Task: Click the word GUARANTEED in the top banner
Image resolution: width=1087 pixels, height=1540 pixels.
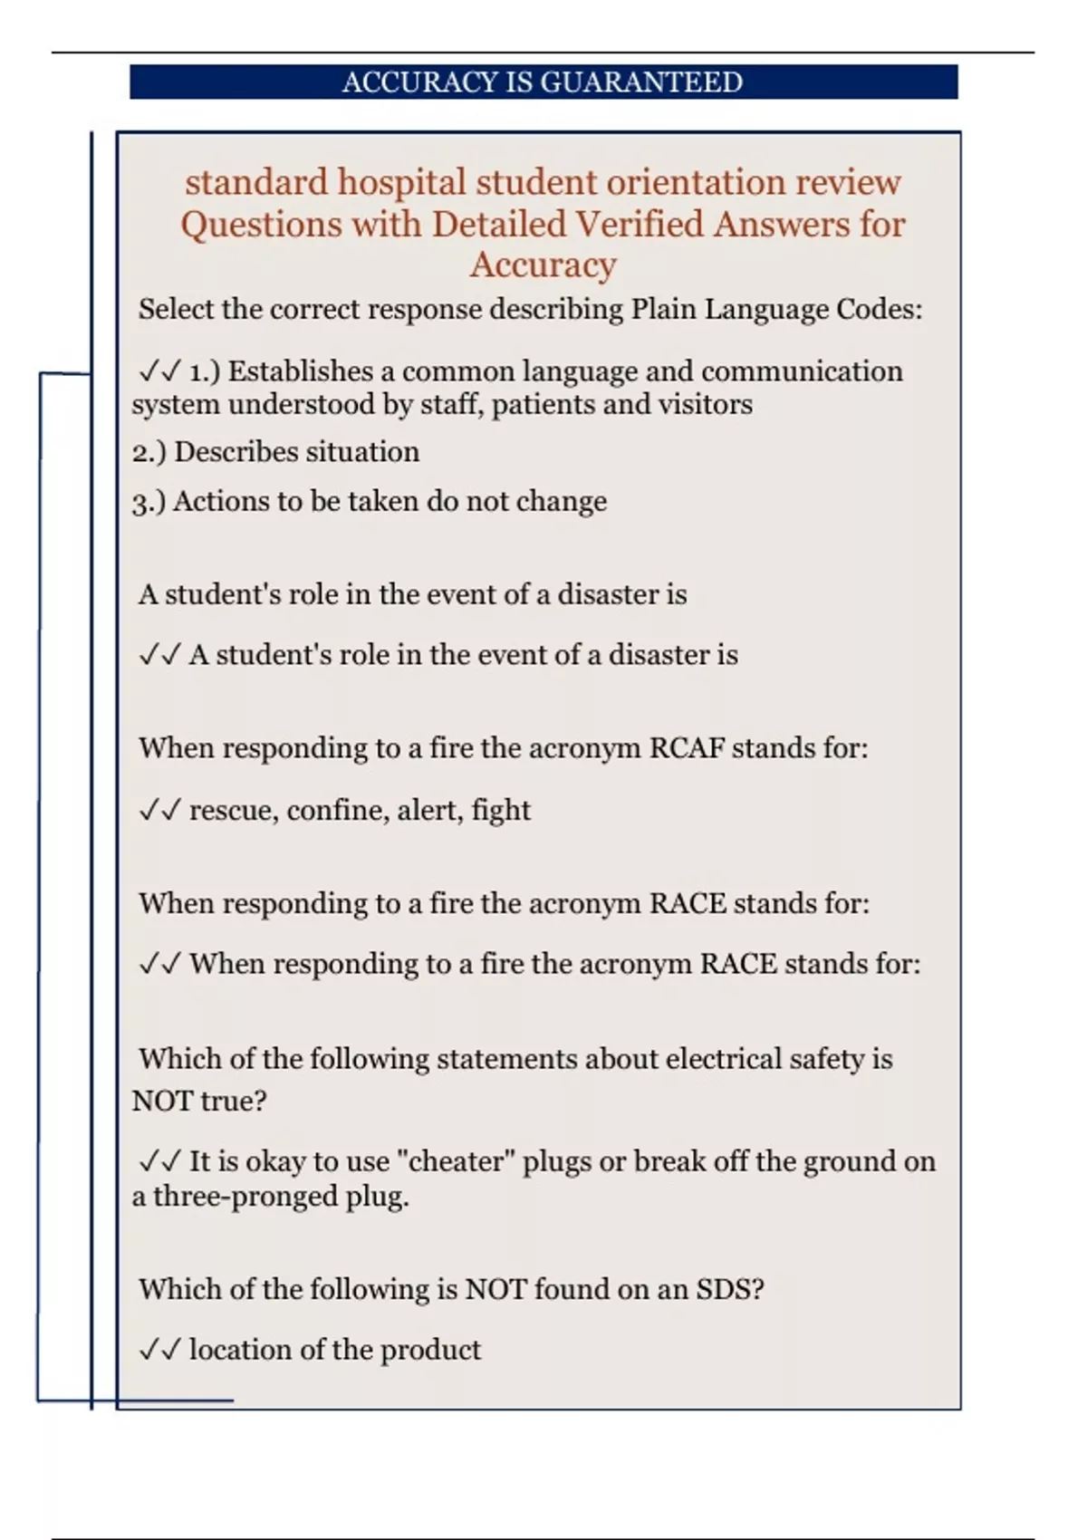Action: pyautogui.click(x=642, y=82)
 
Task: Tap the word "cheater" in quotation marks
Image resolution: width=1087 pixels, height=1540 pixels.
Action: pyautogui.click(x=457, y=1161)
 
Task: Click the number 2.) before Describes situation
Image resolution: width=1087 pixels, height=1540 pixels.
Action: pyautogui.click(x=149, y=452)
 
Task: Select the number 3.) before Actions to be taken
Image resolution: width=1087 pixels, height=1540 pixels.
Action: pyautogui.click(x=149, y=502)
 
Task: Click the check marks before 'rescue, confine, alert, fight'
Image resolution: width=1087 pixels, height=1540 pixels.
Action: pyautogui.click(x=159, y=810)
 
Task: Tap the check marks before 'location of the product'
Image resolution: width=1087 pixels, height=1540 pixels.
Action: pyautogui.click(x=159, y=1350)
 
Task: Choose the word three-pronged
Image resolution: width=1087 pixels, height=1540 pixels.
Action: pyautogui.click(x=245, y=1197)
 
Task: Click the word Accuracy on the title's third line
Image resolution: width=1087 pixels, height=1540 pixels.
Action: pyautogui.click(x=543, y=265)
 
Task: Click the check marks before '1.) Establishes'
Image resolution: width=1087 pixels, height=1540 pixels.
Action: pyautogui.click(x=159, y=371)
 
